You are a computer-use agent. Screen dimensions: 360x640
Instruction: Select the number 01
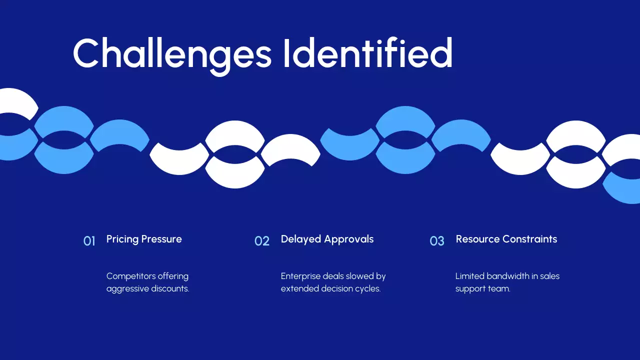pos(89,241)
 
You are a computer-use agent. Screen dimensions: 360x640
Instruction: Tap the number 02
pos(262,241)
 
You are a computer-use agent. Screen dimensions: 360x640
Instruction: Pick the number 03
pos(437,241)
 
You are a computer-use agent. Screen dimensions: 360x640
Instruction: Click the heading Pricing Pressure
pos(144,239)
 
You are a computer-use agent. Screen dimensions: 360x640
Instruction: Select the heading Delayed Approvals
pos(327,239)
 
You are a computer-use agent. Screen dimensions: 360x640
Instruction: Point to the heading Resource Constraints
pos(506,239)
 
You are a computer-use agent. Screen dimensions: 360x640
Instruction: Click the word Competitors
pos(131,276)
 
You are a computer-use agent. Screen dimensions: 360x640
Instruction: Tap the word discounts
pos(169,289)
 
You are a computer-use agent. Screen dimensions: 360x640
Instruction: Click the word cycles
pos(368,289)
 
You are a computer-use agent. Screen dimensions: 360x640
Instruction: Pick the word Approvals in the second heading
pos(349,239)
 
